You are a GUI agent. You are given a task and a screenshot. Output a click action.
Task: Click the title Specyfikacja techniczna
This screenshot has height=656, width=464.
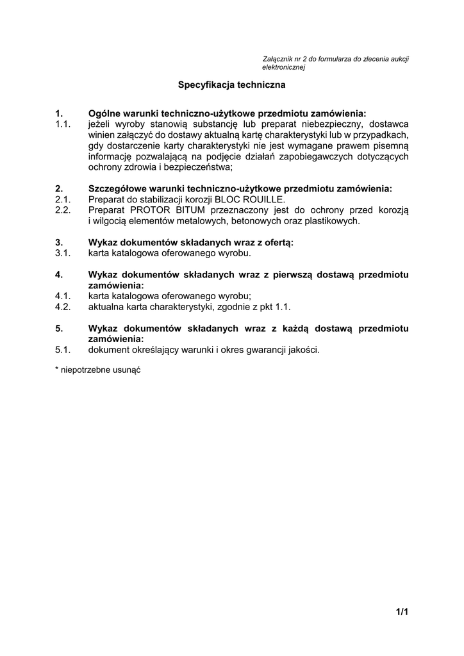[231, 84]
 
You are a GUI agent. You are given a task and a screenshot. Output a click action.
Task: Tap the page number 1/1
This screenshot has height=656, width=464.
[402, 612]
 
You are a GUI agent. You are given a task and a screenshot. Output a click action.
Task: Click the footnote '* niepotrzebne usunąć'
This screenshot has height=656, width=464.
[97, 370]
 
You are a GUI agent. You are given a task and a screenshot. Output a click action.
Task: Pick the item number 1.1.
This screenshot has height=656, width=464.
[62, 124]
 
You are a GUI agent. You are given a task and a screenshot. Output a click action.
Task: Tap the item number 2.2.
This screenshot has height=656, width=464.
[62, 210]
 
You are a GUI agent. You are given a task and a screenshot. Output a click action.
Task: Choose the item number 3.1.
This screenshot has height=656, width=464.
[62, 253]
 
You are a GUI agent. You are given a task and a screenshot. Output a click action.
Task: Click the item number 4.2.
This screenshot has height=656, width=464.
[62, 307]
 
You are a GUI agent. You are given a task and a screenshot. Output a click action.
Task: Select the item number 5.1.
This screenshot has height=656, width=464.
[62, 350]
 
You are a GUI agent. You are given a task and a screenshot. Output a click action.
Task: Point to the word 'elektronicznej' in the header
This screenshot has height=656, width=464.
[283, 67]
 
